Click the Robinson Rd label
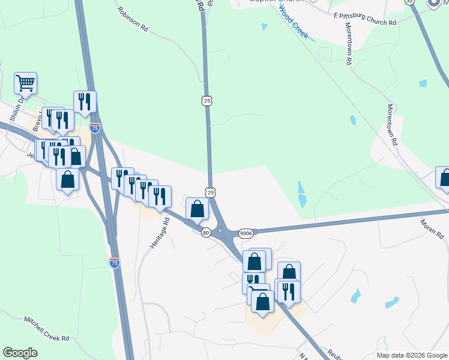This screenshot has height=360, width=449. pyautogui.click(x=133, y=19)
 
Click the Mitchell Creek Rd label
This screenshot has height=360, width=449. pyautogui.click(x=47, y=329)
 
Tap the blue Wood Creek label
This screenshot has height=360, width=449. pyautogui.click(x=294, y=25)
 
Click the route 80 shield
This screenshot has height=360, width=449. pyautogui.click(x=206, y=232)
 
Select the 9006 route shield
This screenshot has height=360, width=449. pyautogui.click(x=246, y=233)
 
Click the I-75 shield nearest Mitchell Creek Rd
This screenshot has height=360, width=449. pyautogui.click(x=115, y=263)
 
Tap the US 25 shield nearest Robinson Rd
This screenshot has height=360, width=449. pyautogui.click(x=207, y=101)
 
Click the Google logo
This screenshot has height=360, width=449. pyautogui.click(x=20, y=353)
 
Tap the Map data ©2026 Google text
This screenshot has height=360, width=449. pyautogui.click(x=412, y=355)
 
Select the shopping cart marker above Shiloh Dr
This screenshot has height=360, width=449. pyautogui.click(x=26, y=83)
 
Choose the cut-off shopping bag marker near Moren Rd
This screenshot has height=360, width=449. pyautogui.click(x=444, y=178)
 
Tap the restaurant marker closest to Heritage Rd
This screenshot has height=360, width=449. pyautogui.click(x=160, y=197)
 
